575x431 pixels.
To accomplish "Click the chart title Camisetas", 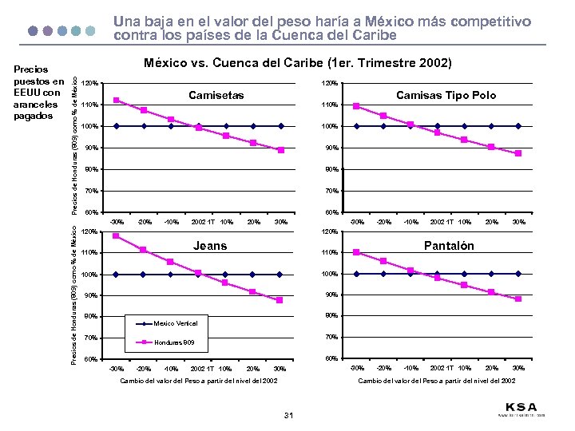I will coord(216,96).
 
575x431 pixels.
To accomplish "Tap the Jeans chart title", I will coord(211,246).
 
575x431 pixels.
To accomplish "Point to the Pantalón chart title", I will coord(449,246).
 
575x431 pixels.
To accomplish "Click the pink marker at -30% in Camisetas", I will coord(117,100).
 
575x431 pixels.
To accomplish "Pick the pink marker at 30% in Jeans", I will coord(280,300).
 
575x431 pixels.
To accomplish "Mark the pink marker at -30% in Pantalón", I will coord(356,252).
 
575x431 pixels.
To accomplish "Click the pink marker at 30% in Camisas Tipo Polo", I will coord(518,153).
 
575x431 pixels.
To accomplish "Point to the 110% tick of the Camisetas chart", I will coord(90,105).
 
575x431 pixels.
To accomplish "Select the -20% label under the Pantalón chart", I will coord(383,368).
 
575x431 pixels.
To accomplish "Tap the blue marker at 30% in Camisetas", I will coord(281,126).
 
